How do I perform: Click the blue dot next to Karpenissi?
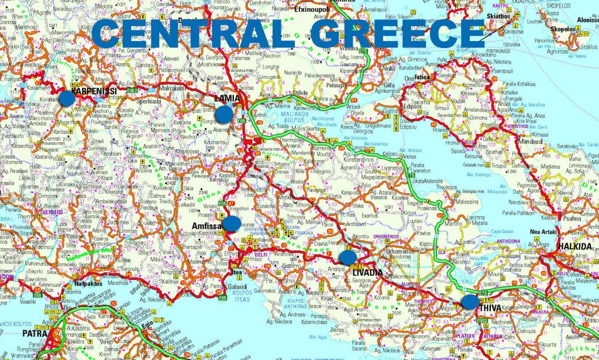67,98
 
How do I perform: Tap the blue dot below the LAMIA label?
224,114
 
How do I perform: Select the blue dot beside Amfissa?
232,224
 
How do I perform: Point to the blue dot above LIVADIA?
347,257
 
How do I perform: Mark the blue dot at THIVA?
469,302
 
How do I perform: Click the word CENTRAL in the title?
192,33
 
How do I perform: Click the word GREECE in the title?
398,33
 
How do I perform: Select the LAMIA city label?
228,98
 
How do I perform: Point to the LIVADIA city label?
367,273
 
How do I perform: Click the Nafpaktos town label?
89,284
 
